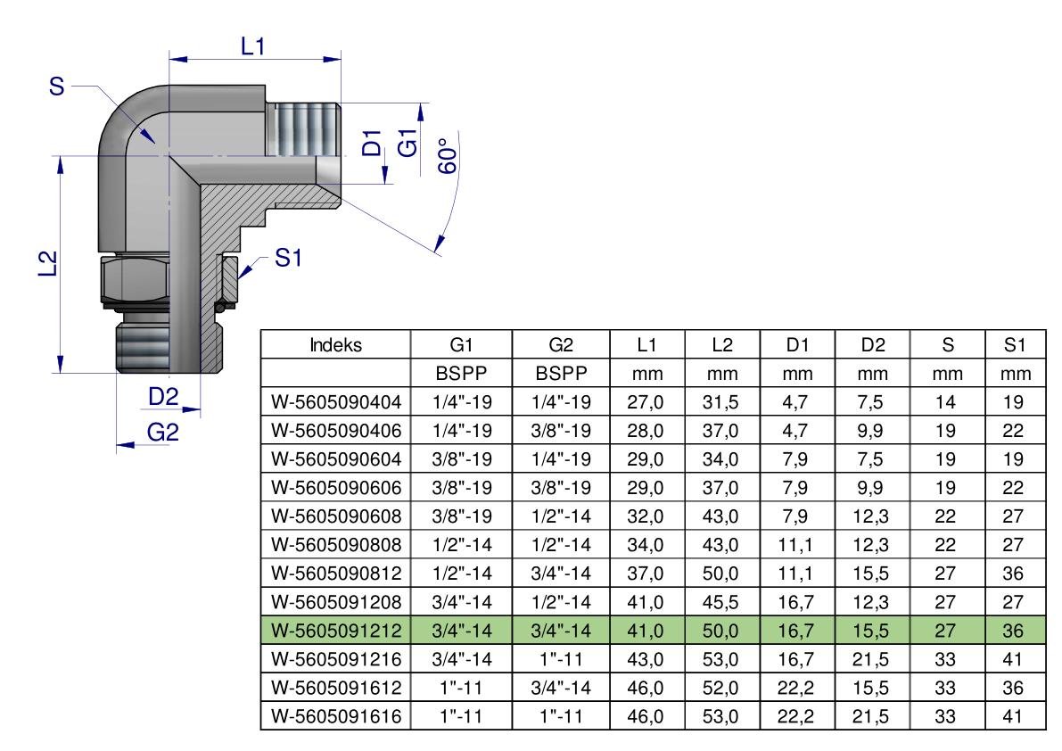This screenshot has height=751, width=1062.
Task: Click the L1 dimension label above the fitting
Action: click(252, 46)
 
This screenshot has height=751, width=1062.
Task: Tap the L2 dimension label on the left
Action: click(47, 263)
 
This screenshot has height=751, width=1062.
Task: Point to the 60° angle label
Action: click(448, 156)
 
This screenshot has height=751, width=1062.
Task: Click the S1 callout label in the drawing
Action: click(288, 258)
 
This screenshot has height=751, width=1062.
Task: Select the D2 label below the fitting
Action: click(162, 397)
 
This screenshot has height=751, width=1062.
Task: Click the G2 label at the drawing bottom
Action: click(162, 432)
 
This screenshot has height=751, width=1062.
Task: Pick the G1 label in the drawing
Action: click(408, 143)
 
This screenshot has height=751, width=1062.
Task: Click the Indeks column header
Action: click(335, 345)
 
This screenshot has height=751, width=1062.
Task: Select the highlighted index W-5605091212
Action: click(336, 631)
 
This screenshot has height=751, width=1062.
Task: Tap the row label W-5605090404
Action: click(336, 402)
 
